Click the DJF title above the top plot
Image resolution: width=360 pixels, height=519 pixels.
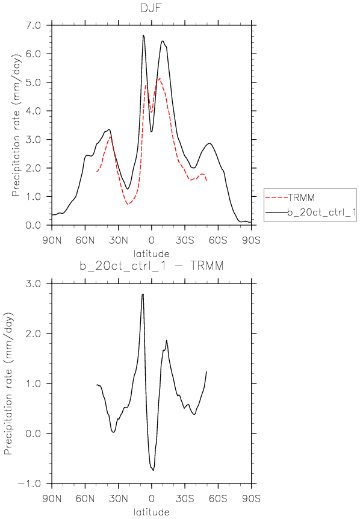[151, 8]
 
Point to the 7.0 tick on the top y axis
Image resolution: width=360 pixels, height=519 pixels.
[33, 25]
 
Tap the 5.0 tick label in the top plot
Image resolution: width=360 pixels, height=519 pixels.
[33, 82]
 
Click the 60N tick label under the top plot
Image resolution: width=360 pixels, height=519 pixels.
[85, 240]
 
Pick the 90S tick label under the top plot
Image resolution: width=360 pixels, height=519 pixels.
[251, 240]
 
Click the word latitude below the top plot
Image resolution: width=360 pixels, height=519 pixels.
[151, 253]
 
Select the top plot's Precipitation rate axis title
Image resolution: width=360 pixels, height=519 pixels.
[16, 125]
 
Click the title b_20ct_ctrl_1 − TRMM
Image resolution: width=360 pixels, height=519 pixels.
[151, 266]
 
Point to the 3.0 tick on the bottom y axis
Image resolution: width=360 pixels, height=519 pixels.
[33, 284]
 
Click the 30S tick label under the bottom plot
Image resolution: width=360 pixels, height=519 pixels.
[185, 498]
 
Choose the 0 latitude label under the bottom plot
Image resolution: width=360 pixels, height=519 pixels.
[151, 498]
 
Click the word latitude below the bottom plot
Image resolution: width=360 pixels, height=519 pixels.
[151, 512]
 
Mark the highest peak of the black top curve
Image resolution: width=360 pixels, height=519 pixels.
[143, 35]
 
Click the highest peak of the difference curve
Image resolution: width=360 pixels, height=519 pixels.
[143, 294]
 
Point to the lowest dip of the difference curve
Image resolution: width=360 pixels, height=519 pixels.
[153, 470]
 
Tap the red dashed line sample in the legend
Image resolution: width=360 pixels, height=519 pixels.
[276, 198]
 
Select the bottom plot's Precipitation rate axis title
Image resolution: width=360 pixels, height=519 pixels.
[8, 384]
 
